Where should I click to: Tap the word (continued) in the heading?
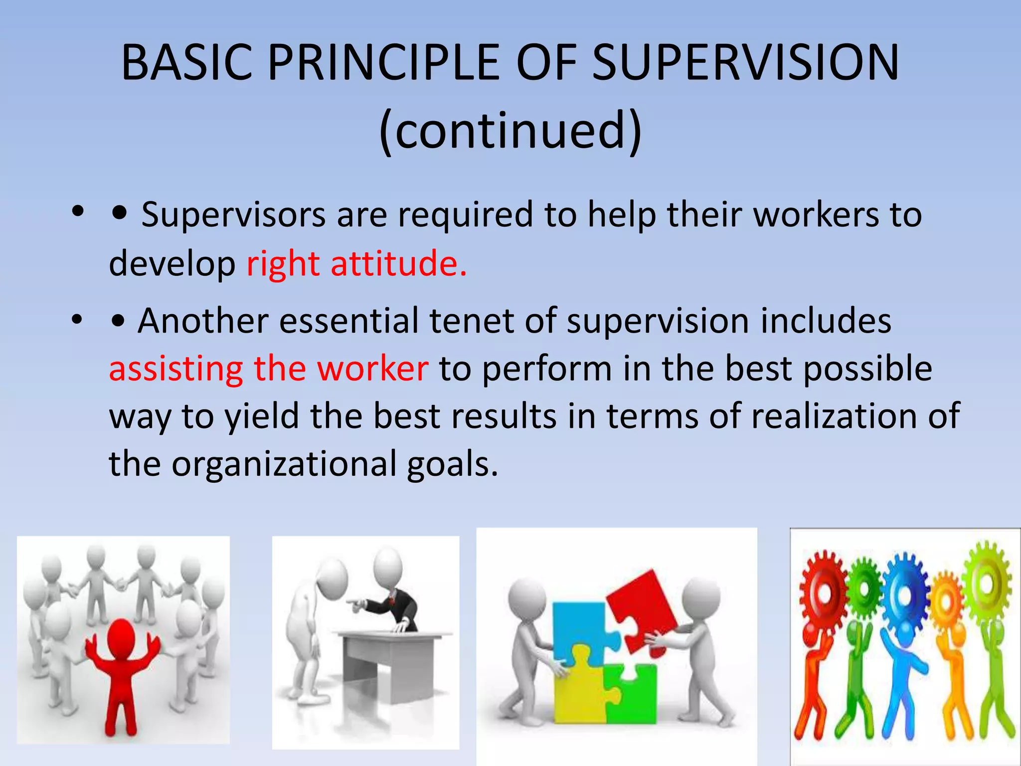510,131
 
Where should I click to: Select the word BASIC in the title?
186,63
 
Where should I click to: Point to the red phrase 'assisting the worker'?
268,369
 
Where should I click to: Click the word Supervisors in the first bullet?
233,215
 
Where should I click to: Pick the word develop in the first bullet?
172,264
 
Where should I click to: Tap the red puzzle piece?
643,608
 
